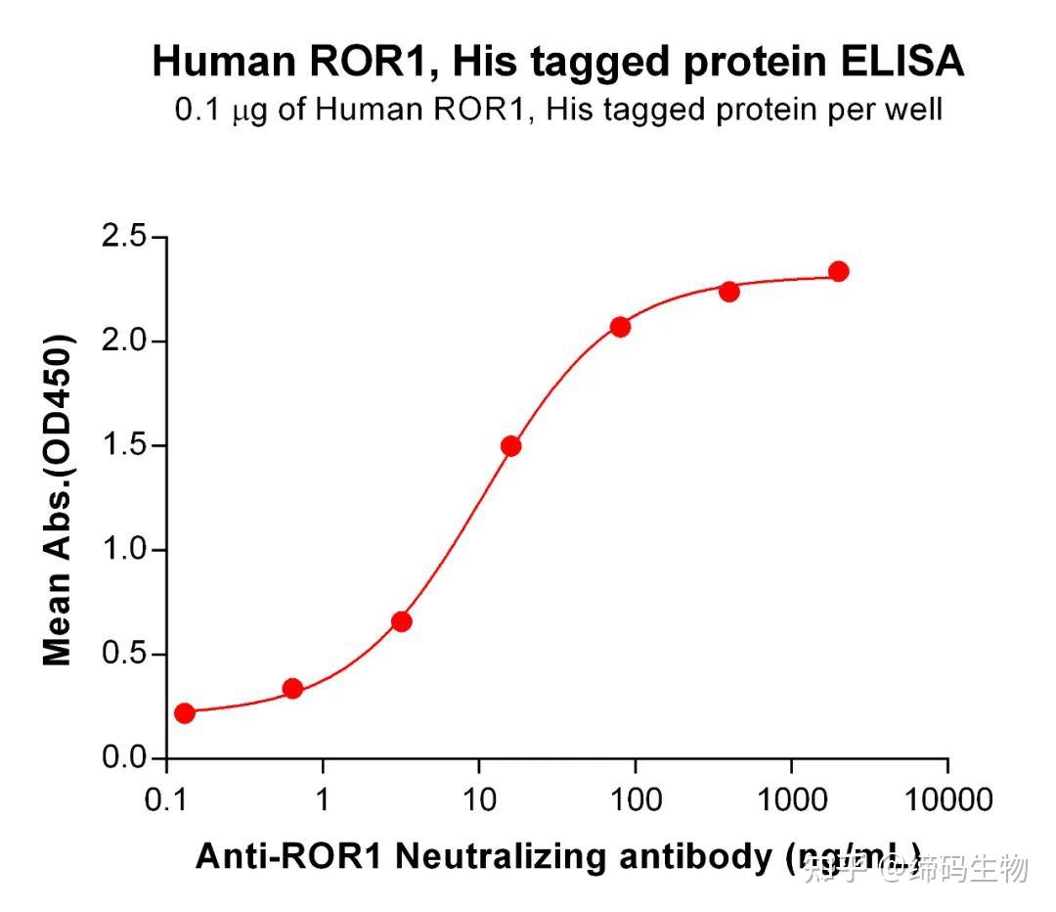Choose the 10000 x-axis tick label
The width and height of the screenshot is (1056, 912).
[946, 801]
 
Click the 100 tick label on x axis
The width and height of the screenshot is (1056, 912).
[635, 801]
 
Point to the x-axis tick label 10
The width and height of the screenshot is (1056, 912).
[478, 801]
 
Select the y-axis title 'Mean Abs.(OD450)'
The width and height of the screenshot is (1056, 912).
[58, 499]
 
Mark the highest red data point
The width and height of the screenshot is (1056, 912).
[838, 271]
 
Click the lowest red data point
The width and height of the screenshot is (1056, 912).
[184, 712]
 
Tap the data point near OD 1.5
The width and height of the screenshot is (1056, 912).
[510, 446]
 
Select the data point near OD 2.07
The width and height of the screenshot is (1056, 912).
[620, 327]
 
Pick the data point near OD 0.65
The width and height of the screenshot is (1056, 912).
[401, 621]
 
